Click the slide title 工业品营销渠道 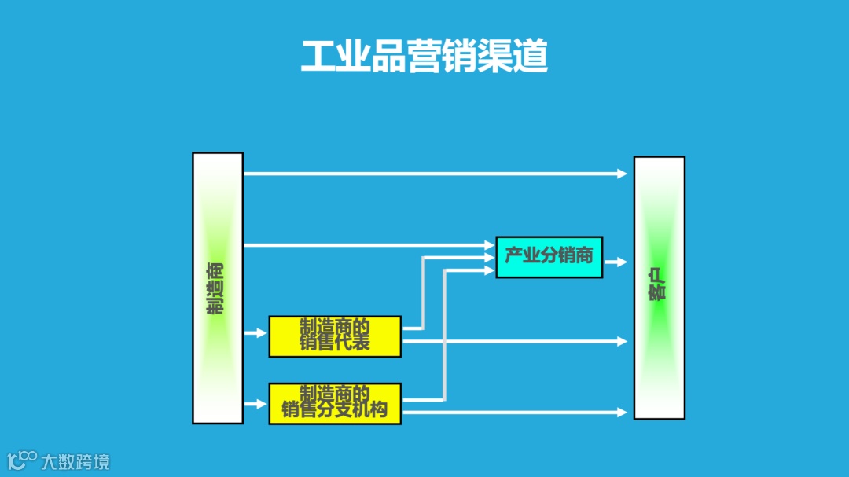(x=424, y=56)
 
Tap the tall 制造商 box (x=218, y=288)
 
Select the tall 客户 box (x=659, y=288)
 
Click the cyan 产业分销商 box (x=549, y=257)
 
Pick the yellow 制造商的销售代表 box (x=335, y=336)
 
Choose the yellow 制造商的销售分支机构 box (x=335, y=403)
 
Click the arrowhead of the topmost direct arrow (x=622, y=174)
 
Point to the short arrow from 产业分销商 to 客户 (x=616, y=262)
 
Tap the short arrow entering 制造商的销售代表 (x=256, y=333)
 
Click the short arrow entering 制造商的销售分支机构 (x=256, y=404)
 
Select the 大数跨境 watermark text (x=76, y=461)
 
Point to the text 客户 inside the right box (x=659, y=288)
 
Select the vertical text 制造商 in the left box (x=215, y=288)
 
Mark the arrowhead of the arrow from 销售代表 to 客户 (x=622, y=341)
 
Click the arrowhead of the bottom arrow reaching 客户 (x=622, y=413)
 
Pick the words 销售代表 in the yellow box (x=335, y=343)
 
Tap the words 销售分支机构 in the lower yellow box (x=335, y=410)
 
